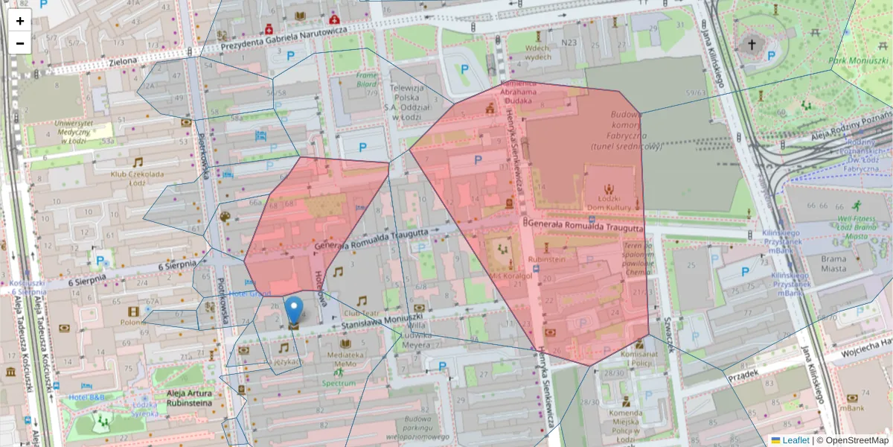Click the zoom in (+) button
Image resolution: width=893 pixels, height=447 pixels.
tap(20, 21)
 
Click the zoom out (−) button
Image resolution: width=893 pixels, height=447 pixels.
tap(20, 43)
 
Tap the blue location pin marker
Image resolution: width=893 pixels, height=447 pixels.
tap(295, 309)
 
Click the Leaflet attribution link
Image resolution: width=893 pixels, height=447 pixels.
tap(796, 440)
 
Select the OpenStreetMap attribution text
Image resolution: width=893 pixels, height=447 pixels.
tap(857, 440)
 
